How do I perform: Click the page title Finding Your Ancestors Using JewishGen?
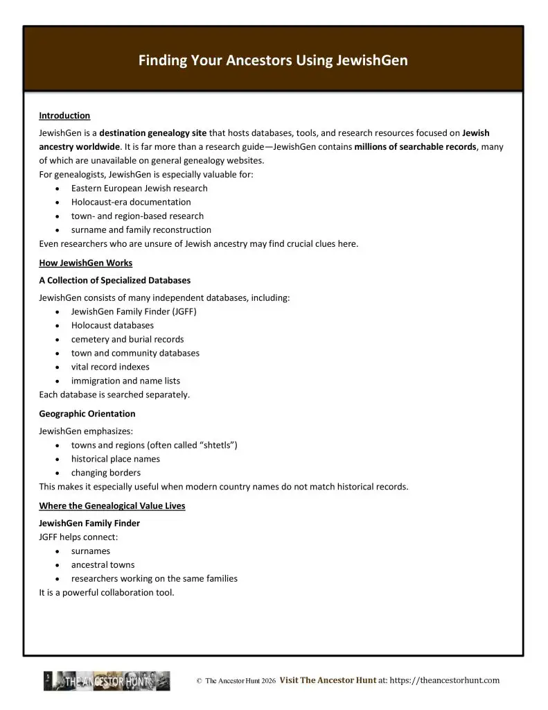[273, 60]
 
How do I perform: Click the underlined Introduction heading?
[64, 116]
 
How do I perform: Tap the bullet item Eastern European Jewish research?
[139, 188]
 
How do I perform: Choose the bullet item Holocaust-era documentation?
[131, 202]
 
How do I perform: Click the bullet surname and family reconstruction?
[141, 230]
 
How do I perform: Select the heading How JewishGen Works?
[85, 263]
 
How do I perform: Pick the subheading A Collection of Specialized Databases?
[114, 280]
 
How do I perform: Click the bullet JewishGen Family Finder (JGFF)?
[134, 311]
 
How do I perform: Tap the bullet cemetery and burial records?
[127, 339]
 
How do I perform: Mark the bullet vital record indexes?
[110, 367]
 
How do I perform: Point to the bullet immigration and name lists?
[125, 381]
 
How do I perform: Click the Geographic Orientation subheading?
[87, 413]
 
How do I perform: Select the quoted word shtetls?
[218, 445]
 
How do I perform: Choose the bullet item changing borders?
[105, 473]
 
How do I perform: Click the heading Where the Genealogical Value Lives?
[112, 505]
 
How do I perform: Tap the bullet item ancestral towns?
[103, 564]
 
